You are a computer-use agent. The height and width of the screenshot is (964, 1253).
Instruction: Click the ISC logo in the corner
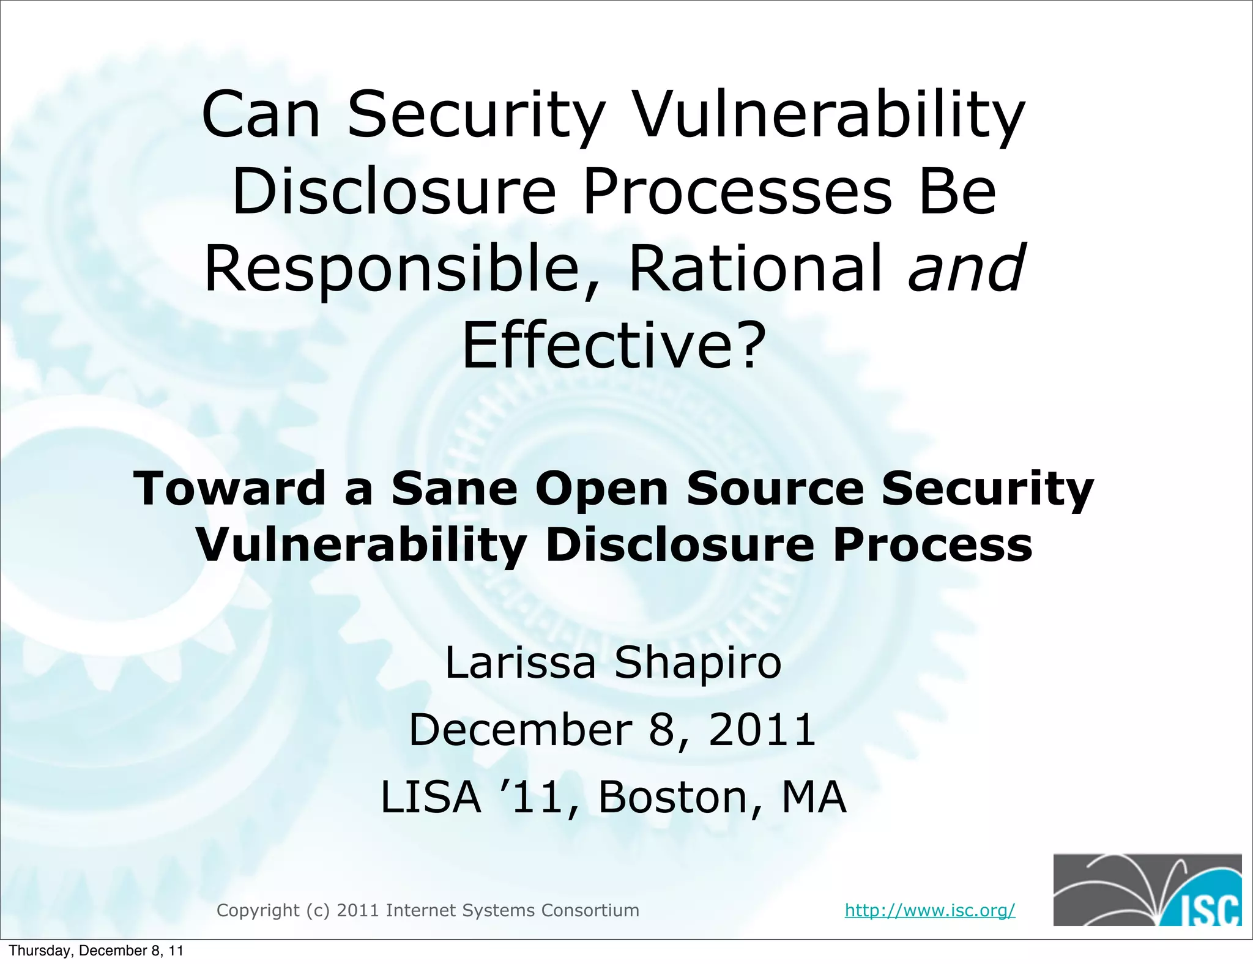pos(1147,889)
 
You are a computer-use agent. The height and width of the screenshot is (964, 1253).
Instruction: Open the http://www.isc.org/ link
pos(929,910)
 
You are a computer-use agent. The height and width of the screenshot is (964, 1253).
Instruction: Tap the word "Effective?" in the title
pos(613,346)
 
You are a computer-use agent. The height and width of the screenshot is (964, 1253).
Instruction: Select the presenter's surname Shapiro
pos(697,662)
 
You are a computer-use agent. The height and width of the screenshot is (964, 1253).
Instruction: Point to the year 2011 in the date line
pos(762,730)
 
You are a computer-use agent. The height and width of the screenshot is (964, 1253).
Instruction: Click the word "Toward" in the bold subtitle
pos(229,489)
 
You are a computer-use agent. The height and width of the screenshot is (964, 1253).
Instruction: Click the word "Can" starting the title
pos(261,115)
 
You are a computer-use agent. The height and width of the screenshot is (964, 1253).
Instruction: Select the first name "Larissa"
pos(520,662)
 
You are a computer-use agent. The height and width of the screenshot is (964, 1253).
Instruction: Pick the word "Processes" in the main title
pos(737,192)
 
